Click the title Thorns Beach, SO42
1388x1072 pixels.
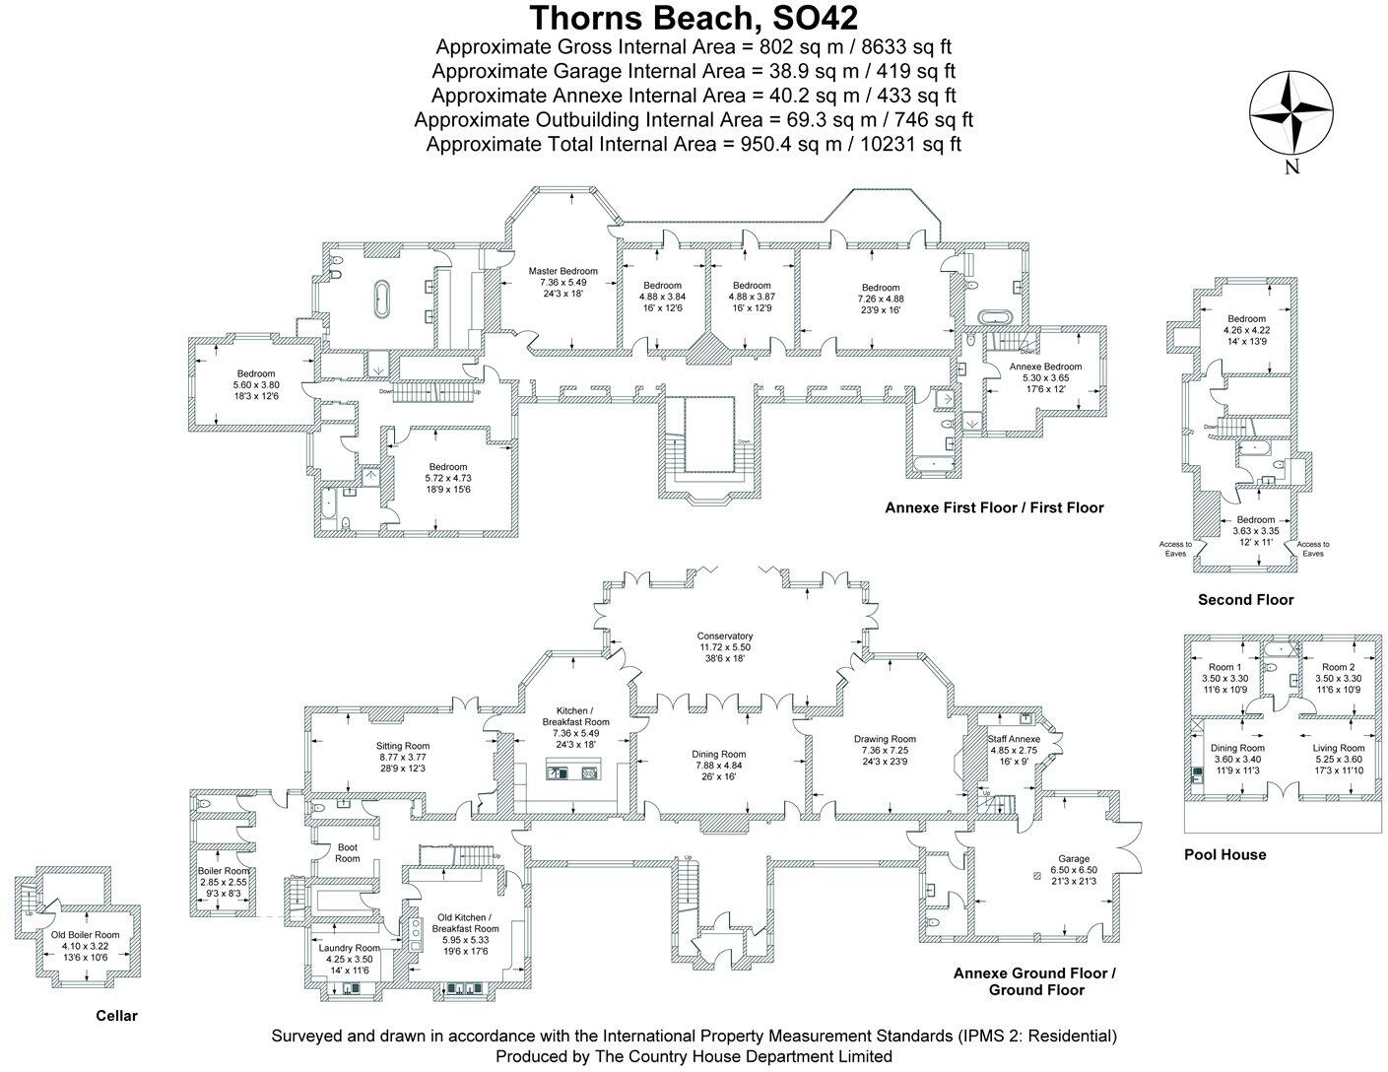click(x=694, y=18)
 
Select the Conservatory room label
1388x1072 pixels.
click(x=724, y=636)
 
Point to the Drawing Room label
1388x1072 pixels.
click(x=885, y=739)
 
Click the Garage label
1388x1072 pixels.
click(x=1073, y=858)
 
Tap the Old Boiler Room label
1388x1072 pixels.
click(x=86, y=934)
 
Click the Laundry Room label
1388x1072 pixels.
click(x=349, y=948)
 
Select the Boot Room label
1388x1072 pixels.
click(x=348, y=852)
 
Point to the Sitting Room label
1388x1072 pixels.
click(x=403, y=746)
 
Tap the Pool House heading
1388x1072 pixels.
click(x=1224, y=854)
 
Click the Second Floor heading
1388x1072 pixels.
click(x=1245, y=599)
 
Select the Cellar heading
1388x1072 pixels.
click(x=116, y=1016)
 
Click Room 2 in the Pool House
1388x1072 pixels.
click(x=1337, y=667)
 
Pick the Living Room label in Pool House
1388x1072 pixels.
click(x=1337, y=748)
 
